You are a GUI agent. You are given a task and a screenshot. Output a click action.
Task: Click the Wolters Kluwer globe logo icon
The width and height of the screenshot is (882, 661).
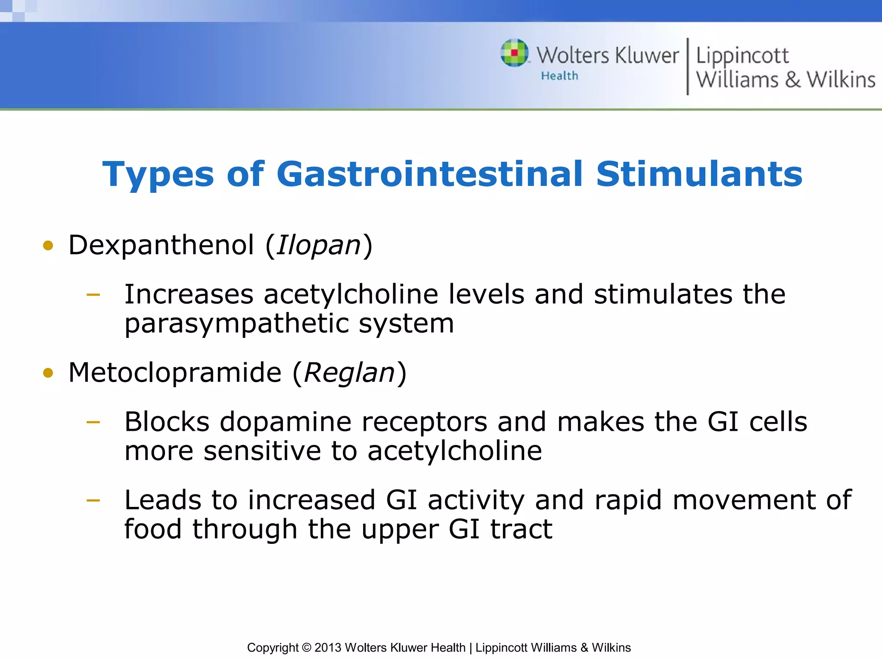pyautogui.click(x=514, y=53)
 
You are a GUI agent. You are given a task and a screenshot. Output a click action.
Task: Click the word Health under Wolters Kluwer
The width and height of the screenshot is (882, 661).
pyautogui.click(x=559, y=76)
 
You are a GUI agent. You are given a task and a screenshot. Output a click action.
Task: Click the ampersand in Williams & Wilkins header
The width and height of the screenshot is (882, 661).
pyautogui.click(x=792, y=80)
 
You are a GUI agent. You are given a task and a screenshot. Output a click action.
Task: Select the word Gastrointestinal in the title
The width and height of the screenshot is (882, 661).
pyautogui.click(x=429, y=174)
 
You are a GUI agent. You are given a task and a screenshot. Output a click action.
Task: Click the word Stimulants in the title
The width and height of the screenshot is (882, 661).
pyautogui.click(x=699, y=174)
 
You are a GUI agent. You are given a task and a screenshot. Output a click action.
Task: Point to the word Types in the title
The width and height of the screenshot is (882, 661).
pyautogui.click(x=158, y=175)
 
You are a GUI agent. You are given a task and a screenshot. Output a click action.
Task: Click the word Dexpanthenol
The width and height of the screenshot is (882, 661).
pyautogui.click(x=161, y=245)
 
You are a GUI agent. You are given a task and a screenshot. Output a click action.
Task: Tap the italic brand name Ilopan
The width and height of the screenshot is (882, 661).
pyautogui.click(x=318, y=246)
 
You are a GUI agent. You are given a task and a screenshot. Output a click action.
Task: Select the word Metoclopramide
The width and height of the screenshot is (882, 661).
pyautogui.click(x=175, y=372)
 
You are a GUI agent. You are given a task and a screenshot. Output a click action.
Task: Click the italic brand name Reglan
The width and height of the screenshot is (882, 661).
pyautogui.click(x=349, y=373)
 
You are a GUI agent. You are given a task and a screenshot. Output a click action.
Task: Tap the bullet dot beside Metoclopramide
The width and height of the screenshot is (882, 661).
pyautogui.click(x=48, y=373)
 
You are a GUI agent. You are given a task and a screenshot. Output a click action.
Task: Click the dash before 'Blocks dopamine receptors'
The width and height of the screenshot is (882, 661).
pyautogui.click(x=93, y=422)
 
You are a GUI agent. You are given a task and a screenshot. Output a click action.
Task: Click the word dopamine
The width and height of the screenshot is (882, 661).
pyautogui.click(x=285, y=422)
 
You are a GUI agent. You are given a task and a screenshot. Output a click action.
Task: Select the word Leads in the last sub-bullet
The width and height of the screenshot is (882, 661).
pyautogui.click(x=163, y=500)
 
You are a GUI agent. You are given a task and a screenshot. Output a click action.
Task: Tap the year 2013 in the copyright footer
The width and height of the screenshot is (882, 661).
pyautogui.click(x=328, y=648)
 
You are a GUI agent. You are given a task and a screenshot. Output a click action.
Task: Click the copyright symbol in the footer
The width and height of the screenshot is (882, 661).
pyautogui.click(x=306, y=648)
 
